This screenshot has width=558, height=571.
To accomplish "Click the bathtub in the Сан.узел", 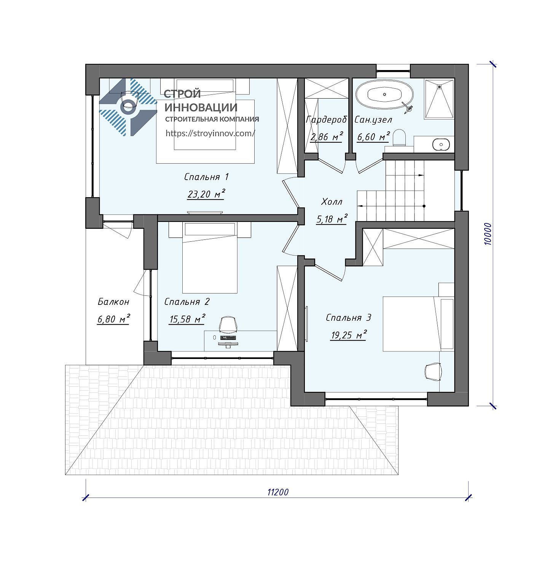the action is (x=384, y=94).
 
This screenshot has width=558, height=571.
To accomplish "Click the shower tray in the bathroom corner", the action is (x=439, y=99).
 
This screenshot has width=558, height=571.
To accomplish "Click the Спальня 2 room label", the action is (x=187, y=302).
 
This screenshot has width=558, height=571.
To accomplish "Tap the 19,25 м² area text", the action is (x=349, y=335).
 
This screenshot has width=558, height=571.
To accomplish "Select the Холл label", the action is (x=332, y=201).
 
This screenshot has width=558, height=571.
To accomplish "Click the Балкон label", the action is (x=113, y=302).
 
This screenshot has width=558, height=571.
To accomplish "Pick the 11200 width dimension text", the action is (x=278, y=492).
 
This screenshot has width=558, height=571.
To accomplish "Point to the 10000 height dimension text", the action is (x=488, y=234).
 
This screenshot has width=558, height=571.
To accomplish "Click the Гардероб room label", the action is (x=327, y=120).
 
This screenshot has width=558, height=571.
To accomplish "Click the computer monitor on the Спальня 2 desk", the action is (x=228, y=345).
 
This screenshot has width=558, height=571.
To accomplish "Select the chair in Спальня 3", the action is (x=433, y=371).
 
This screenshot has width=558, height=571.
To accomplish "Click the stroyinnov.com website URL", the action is (x=210, y=133).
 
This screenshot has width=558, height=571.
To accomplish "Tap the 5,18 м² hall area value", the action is (x=332, y=219).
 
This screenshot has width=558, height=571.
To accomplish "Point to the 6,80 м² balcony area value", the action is (x=113, y=319).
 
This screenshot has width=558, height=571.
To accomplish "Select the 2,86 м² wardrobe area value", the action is (x=327, y=137).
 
